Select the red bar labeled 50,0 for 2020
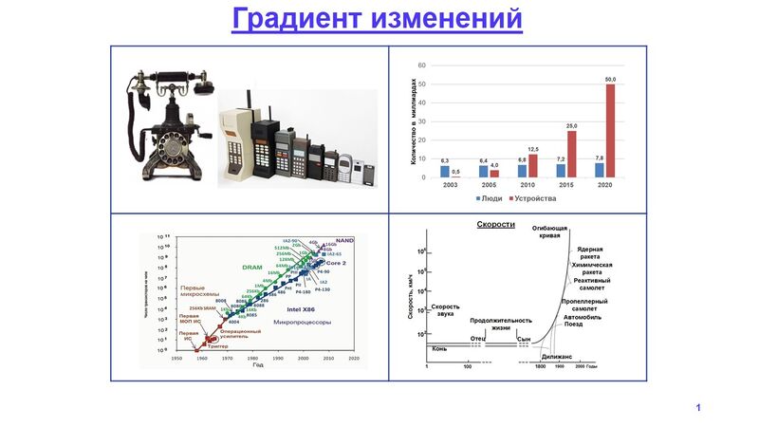point(610,131)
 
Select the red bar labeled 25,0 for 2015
point(571,155)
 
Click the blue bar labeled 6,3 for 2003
point(445,172)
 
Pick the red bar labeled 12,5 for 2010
point(532,166)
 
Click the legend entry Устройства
point(532,199)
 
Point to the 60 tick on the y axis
point(421,65)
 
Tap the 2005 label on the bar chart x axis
point(490,186)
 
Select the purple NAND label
point(344,241)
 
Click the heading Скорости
point(495,225)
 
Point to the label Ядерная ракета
point(597,252)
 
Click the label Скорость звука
point(445,309)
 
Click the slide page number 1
point(697,408)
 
